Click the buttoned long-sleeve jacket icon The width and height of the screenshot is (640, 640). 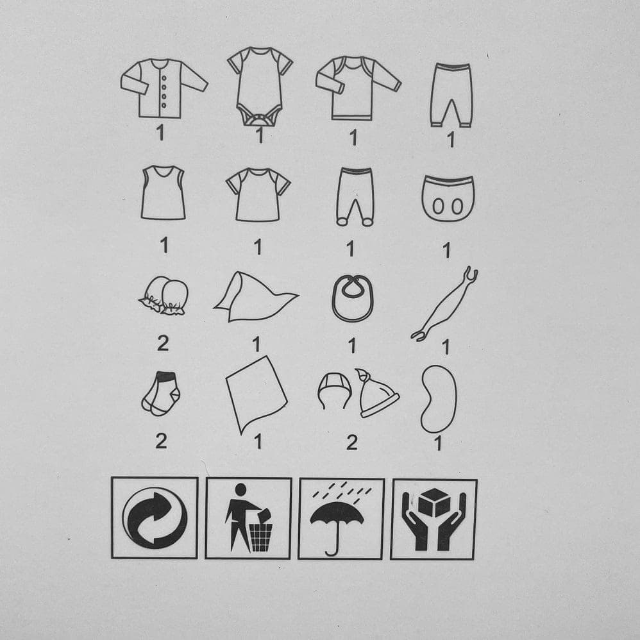(164, 88)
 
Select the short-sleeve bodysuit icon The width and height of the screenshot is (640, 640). (260, 86)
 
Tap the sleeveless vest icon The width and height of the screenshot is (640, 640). (164, 192)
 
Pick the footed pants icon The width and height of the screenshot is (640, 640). (355, 197)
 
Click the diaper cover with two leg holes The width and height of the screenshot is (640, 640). (448, 199)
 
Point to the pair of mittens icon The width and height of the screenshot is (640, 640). (164, 296)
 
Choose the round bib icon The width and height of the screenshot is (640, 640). (353, 298)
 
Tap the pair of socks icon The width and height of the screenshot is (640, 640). (161, 394)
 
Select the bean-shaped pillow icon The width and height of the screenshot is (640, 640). (439, 399)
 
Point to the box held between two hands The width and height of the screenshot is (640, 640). (434, 503)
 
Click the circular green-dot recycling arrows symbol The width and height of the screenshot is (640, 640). (155, 518)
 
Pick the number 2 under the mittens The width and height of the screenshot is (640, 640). (163, 343)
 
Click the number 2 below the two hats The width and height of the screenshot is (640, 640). (352, 442)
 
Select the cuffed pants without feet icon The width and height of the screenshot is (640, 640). (451, 95)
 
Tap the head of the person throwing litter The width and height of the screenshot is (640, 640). (241, 490)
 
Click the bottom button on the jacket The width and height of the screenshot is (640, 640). (164, 105)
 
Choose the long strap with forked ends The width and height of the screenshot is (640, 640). (445, 304)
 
